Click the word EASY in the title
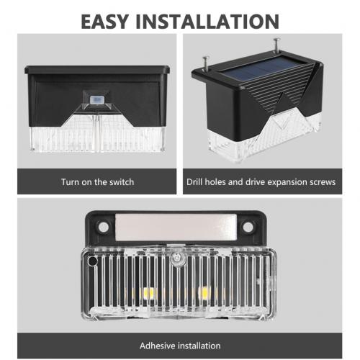click(x=104, y=22)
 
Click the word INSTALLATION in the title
click(x=207, y=22)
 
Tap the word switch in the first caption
click(x=122, y=182)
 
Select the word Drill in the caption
click(x=194, y=182)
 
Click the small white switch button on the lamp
click(x=96, y=99)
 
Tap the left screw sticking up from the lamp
click(x=206, y=63)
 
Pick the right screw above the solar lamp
click(x=277, y=45)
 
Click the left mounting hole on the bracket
click(x=104, y=227)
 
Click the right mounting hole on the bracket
click(x=248, y=227)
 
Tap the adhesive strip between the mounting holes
click(x=176, y=228)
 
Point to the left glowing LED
click(x=148, y=293)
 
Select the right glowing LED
click(x=204, y=292)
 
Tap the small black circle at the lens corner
click(x=92, y=261)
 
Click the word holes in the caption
click(x=215, y=182)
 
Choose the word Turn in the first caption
click(x=70, y=182)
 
